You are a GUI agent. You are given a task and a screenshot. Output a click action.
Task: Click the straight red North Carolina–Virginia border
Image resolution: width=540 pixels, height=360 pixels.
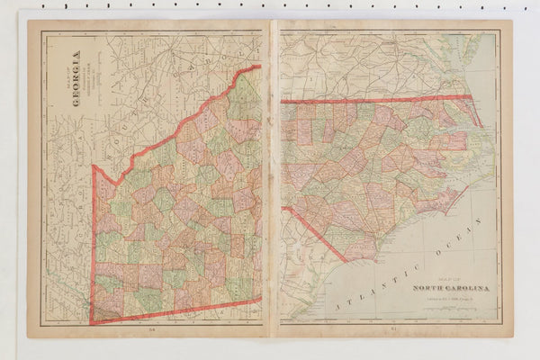coord(378,99)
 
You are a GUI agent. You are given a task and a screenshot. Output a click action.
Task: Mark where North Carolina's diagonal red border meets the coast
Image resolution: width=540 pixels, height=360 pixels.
coord(347,261)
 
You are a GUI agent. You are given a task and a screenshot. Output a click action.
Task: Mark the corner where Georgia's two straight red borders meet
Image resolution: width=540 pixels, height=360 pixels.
coord(91,321)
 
